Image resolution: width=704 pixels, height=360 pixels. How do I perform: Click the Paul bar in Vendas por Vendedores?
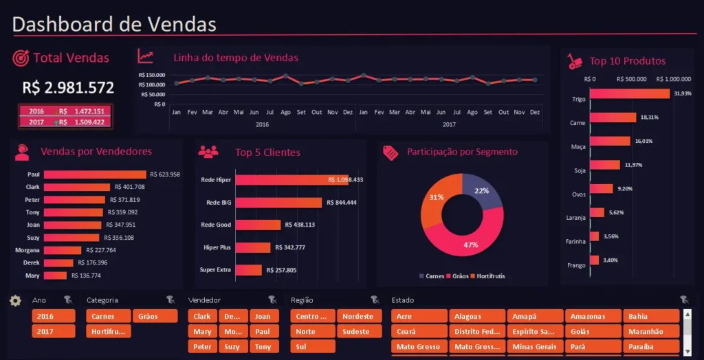tap(95, 175)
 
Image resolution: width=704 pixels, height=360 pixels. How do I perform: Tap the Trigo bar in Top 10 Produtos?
tap(630, 93)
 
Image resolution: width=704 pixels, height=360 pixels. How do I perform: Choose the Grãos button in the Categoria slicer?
tap(148, 316)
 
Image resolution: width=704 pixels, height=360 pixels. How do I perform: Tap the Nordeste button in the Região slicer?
tap(359, 316)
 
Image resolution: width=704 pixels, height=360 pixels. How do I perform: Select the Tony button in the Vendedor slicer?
tap(263, 347)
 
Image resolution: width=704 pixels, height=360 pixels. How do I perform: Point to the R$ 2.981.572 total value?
tap(68, 87)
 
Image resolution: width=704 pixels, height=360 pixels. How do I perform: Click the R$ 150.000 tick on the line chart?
tap(151, 75)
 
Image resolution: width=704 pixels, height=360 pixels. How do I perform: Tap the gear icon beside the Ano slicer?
tap(15, 300)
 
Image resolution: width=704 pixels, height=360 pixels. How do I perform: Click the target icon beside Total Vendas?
tap(21, 58)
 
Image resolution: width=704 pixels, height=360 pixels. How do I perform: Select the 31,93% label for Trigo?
tap(683, 93)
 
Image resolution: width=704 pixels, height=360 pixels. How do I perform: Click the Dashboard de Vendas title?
tap(114, 24)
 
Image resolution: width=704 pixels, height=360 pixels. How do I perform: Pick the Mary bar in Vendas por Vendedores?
tap(55, 275)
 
